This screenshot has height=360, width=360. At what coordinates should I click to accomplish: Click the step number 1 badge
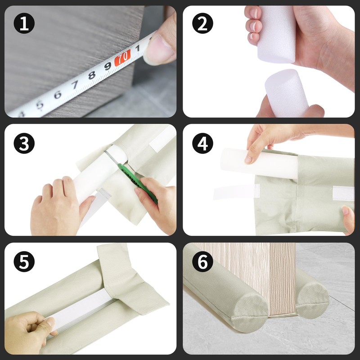24,23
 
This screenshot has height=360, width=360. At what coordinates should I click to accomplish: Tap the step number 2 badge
202,23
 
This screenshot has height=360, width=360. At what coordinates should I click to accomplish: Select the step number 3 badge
24,143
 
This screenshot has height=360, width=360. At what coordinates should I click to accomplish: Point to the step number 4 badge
202,143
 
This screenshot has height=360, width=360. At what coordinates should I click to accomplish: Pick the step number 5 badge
24,261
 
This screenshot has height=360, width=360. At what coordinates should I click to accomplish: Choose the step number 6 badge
202,261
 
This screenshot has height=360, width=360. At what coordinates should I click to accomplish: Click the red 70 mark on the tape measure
122,58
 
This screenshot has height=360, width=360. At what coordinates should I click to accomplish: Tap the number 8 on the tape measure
92,75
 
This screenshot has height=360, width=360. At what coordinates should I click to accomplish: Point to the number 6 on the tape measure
58,94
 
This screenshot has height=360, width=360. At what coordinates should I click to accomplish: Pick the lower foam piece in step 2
287,93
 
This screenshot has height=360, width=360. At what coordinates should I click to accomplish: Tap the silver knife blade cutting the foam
111,157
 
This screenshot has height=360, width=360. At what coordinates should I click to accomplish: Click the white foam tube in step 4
259,163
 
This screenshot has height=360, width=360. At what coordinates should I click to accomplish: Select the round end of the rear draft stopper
312,302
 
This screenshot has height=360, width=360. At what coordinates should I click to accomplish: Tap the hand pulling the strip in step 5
27,331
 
